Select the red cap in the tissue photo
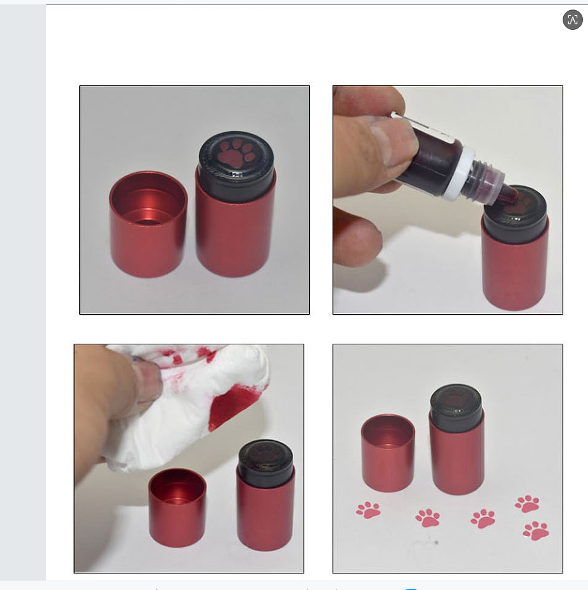(177, 508)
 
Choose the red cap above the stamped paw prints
(388, 453)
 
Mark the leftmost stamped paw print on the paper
(368, 510)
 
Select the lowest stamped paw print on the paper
(536, 530)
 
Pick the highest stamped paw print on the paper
(527, 503)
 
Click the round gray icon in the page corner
(572, 20)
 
